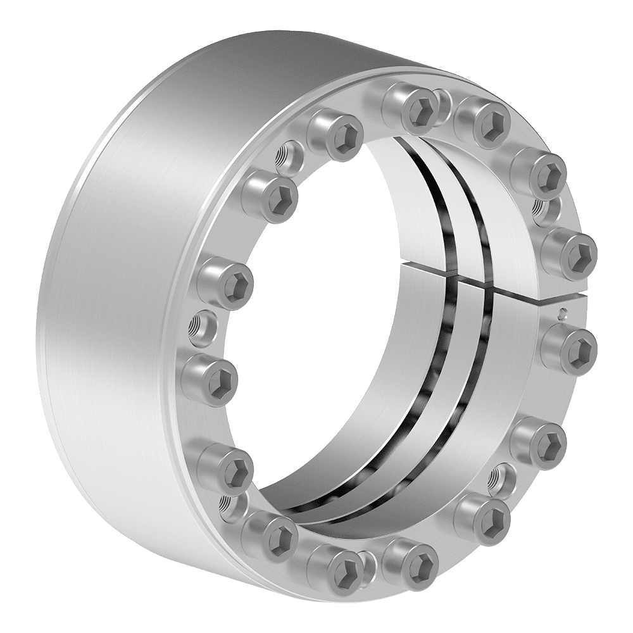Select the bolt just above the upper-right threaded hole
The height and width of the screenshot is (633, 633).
click(x=538, y=172)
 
